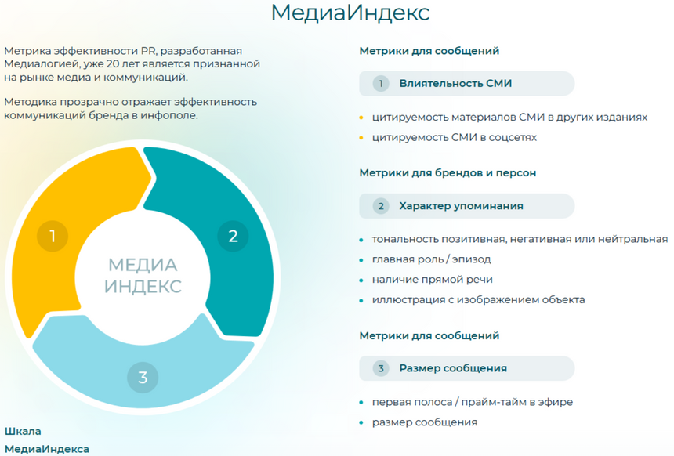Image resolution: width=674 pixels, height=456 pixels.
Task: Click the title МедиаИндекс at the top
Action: (350, 13)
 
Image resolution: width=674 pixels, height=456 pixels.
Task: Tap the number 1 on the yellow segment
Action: (53, 236)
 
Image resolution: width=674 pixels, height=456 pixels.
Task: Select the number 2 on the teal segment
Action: (232, 235)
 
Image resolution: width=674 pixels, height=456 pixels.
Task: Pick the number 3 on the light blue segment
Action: (143, 377)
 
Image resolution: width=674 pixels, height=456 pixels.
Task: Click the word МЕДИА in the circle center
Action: (143, 265)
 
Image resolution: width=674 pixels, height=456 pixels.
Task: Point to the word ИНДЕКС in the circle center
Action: (143, 286)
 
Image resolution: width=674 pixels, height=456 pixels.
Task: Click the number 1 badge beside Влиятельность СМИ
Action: (381, 83)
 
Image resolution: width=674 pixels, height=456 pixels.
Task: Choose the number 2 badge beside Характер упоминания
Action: (381, 206)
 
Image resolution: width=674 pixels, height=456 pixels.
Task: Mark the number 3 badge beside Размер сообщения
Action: (381, 368)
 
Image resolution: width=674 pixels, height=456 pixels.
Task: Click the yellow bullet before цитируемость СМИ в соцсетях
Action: (361, 138)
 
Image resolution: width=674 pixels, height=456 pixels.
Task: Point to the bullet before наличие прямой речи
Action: (361, 280)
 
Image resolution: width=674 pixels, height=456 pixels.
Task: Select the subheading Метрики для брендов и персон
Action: (448, 172)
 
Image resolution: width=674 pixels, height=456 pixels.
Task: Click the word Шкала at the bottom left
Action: (23, 431)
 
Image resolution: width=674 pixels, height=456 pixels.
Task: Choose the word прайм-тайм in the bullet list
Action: (487, 402)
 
